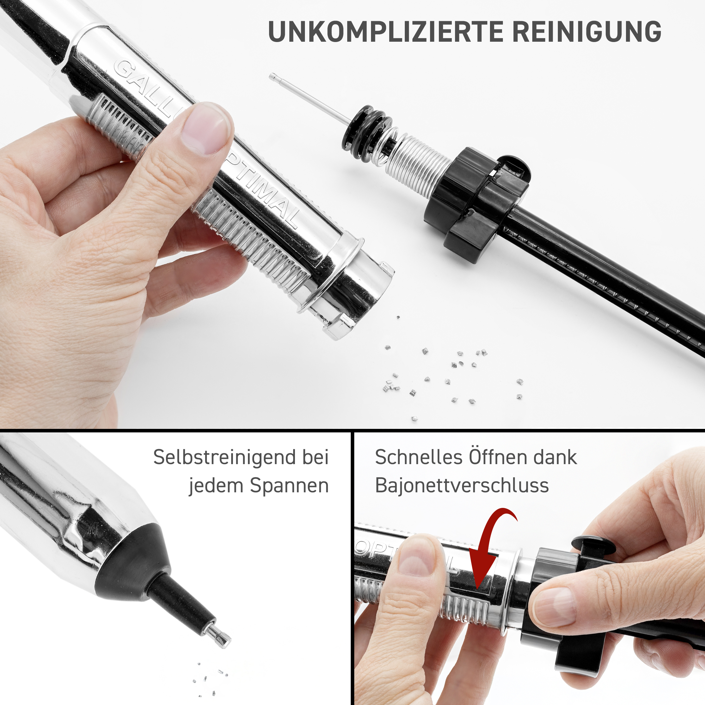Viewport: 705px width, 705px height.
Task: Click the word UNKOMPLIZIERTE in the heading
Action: (x=386, y=32)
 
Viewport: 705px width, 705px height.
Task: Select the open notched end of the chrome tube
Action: (x=350, y=288)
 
